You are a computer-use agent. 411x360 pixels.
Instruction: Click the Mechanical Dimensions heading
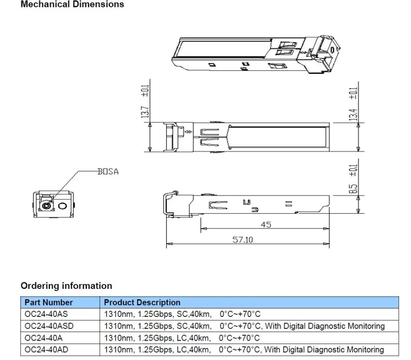[x=72, y=4]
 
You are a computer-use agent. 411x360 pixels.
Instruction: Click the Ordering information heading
[x=66, y=286]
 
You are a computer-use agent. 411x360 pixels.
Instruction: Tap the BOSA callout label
[x=108, y=172]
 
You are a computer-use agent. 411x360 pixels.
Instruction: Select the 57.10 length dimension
[x=243, y=240]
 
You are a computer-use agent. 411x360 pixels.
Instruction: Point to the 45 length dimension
[x=266, y=224]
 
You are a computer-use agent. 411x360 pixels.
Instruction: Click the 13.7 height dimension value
[x=145, y=112]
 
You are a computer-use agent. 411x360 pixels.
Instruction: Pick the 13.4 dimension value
[x=353, y=115]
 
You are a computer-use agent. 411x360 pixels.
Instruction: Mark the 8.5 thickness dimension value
[x=353, y=189]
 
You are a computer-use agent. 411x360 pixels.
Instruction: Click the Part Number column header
[x=48, y=302]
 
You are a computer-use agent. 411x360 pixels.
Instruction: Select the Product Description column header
[x=142, y=302]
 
